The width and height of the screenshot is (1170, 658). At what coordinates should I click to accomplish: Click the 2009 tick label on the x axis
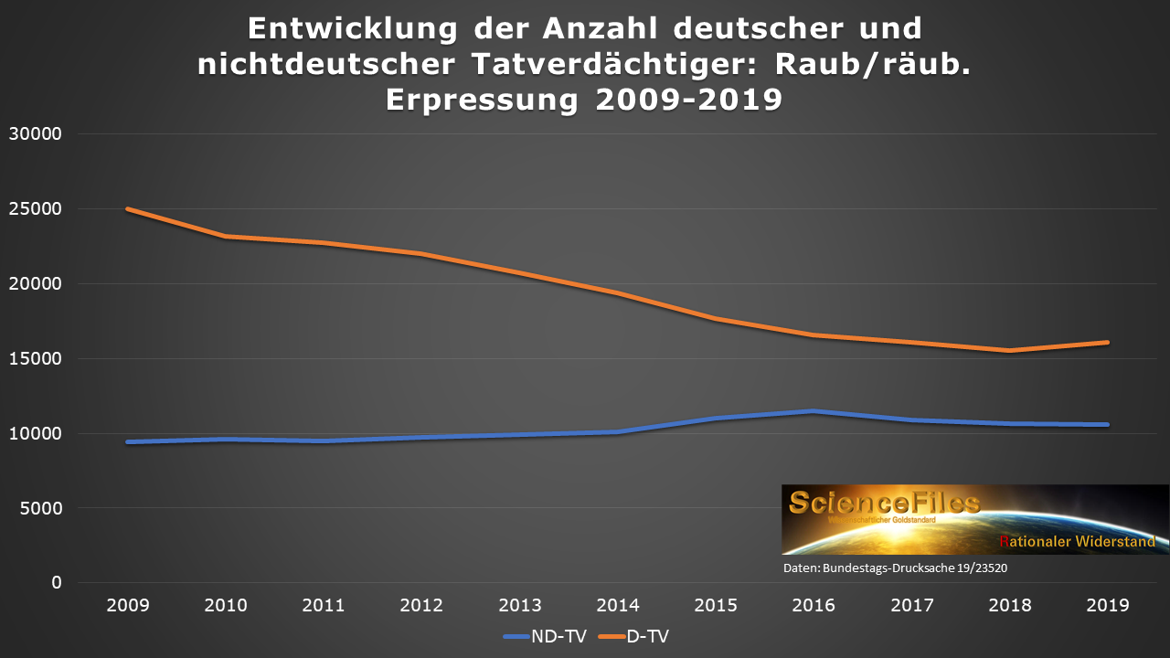[127, 606]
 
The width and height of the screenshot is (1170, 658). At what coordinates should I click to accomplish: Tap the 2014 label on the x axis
[617, 606]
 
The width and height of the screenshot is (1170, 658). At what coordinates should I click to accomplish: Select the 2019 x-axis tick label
[1107, 606]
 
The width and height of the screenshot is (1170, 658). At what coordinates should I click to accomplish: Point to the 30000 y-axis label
[35, 134]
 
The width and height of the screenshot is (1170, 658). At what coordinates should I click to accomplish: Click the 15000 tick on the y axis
[35, 358]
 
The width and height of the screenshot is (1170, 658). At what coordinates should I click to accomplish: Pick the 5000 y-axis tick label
[40, 508]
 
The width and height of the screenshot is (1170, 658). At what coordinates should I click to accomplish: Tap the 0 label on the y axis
[56, 582]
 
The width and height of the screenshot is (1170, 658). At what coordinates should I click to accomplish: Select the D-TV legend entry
[640, 636]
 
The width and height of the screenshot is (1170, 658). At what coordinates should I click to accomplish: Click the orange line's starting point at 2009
[128, 209]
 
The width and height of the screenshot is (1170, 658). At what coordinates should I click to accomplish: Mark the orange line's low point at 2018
[1009, 350]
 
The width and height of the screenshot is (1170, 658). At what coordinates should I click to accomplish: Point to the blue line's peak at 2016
[813, 411]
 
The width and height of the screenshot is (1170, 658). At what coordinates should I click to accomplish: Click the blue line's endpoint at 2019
[1107, 424]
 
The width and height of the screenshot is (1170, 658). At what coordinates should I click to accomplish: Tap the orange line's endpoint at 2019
[1107, 343]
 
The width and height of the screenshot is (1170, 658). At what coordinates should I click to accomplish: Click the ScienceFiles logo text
[885, 502]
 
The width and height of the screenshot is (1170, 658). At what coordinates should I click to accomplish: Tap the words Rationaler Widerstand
[1077, 541]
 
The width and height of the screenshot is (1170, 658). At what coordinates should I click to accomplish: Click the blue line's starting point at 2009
[128, 441]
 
